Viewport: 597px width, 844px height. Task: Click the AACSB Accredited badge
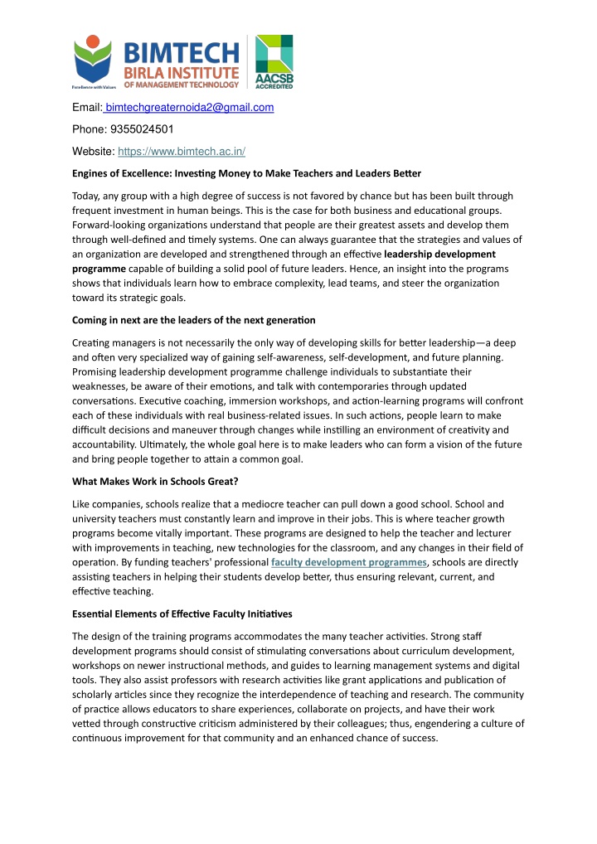point(273,61)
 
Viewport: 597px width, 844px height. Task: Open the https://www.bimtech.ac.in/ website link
point(182,153)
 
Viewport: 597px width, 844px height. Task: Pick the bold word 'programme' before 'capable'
point(99,269)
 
